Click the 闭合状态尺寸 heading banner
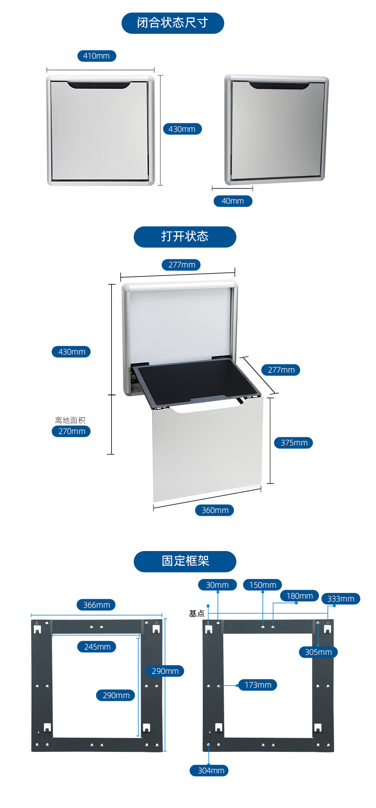[x=172, y=23]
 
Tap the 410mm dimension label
[x=97, y=56]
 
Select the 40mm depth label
[x=233, y=201]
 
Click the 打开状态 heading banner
[x=185, y=236]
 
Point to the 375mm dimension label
[x=294, y=443]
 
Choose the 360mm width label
[x=215, y=510]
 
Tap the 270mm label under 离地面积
[x=71, y=431]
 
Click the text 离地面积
[x=70, y=420]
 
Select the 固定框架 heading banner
[x=185, y=561]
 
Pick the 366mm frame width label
[x=97, y=605]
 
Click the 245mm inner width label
[x=97, y=647]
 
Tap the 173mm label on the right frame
[x=257, y=685]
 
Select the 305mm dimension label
[x=318, y=652]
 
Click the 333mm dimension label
[x=341, y=599]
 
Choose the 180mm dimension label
[x=299, y=596]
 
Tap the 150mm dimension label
[x=263, y=585]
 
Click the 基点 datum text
[x=197, y=613]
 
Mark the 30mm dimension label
[x=217, y=585]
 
